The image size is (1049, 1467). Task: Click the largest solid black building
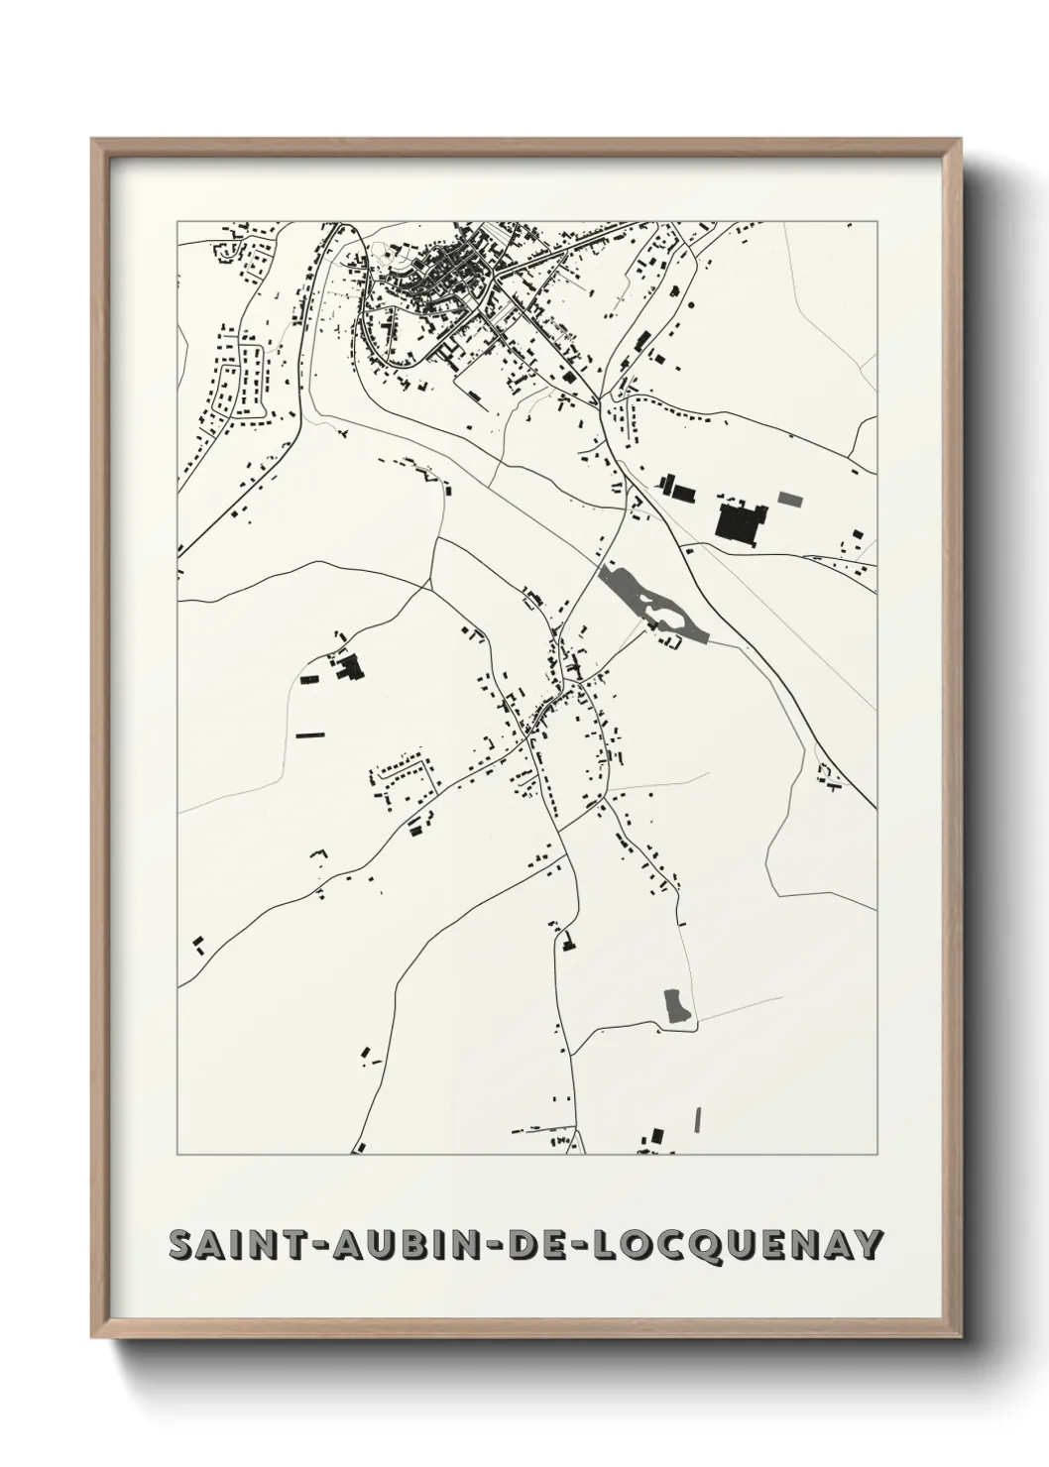pos(738,521)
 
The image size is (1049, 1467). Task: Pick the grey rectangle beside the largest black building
pos(789,498)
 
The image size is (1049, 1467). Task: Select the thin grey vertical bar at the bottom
pos(699,1117)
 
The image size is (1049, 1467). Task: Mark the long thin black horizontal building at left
pos(310,734)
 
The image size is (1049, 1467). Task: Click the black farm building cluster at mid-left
pos(348,668)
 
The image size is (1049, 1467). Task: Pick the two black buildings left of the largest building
pos(675,488)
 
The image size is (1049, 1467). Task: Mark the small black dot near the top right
pos(850,226)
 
